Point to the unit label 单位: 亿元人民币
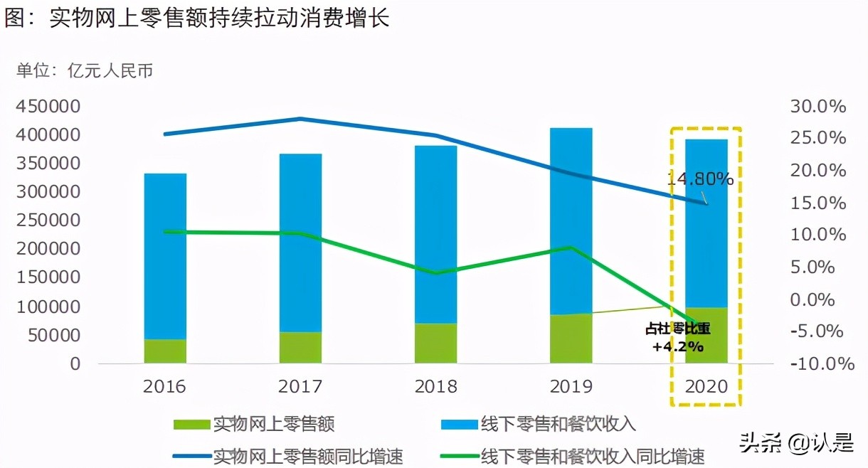click(85, 70)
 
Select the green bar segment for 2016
click(165, 351)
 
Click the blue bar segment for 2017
click(300, 242)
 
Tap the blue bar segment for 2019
click(571, 220)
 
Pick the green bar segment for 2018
click(435, 343)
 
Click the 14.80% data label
click(700, 179)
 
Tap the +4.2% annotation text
click(678, 347)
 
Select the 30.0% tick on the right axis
click(817, 107)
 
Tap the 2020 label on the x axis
click(706, 386)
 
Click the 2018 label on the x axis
click(435, 386)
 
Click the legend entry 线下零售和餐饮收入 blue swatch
click(460, 425)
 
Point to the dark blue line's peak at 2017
click(300, 119)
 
